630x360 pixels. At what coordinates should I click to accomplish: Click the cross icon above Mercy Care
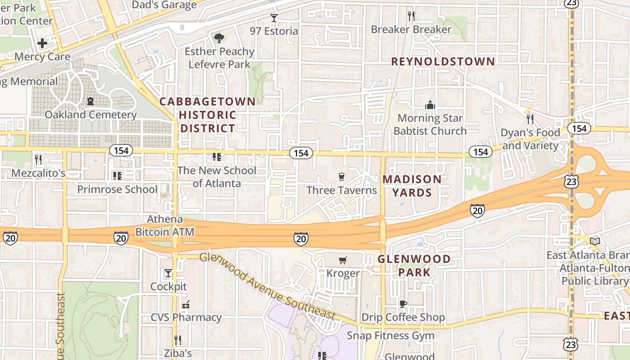click(x=42, y=43)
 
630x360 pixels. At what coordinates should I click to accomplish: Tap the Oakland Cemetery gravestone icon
click(x=90, y=101)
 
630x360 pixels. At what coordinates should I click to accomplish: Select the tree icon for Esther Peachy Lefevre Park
click(x=219, y=38)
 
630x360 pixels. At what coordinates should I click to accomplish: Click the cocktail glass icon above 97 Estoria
click(x=274, y=18)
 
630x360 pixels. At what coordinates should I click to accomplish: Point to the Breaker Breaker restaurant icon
click(x=411, y=16)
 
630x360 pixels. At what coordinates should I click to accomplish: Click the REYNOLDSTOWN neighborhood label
click(x=443, y=62)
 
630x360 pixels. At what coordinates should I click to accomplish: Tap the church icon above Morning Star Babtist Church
click(x=430, y=105)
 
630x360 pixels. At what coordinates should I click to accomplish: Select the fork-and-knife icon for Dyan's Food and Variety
click(x=530, y=119)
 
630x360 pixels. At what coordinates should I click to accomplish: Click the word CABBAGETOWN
click(x=207, y=102)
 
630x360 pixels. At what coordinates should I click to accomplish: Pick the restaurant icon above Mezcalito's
click(x=38, y=159)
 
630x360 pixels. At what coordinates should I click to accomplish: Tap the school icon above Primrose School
click(x=117, y=175)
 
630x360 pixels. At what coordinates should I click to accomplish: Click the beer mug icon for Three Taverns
click(x=341, y=176)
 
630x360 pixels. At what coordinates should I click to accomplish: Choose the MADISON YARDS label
click(x=412, y=186)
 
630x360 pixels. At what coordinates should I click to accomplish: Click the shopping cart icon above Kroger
click(x=343, y=260)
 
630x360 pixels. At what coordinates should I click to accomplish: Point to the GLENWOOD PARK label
click(x=414, y=265)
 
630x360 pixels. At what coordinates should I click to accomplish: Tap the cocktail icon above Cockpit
click(x=168, y=273)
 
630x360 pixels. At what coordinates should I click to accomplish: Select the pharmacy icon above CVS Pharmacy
click(x=185, y=304)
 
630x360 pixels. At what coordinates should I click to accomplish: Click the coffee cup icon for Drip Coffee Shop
click(x=403, y=304)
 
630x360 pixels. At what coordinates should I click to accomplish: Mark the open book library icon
click(x=594, y=241)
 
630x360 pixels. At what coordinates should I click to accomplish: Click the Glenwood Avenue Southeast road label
click(x=268, y=286)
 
